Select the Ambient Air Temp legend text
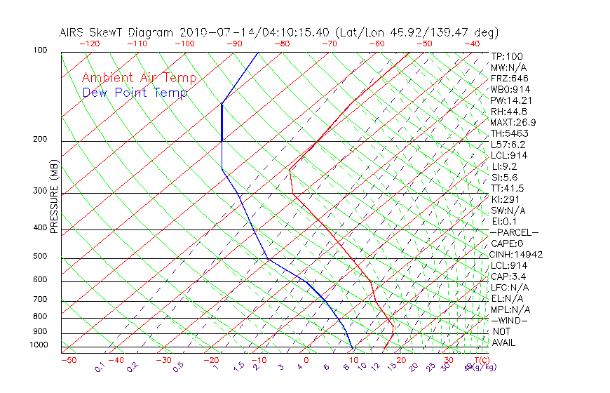(139, 79)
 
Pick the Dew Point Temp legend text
(135, 93)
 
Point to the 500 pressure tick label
(39, 257)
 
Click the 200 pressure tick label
(39, 140)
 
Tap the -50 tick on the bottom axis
(68, 360)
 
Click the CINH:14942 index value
(517, 255)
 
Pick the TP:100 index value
(506, 56)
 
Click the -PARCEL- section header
(514, 232)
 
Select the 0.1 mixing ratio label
(99, 367)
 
